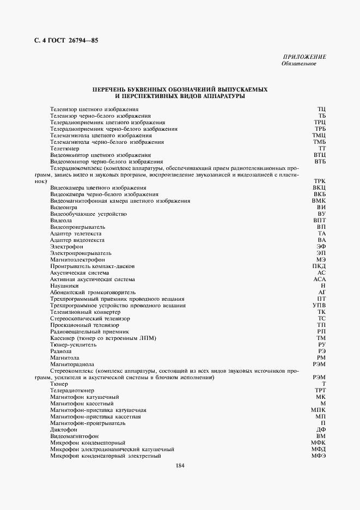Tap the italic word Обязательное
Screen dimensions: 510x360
point(298,64)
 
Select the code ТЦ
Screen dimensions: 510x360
point(321,110)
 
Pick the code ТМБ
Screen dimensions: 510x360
point(319,142)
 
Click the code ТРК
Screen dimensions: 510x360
point(319,181)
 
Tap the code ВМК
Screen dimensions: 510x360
point(319,201)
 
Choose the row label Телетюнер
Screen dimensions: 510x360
point(65,148)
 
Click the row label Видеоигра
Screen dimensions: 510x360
point(63,207)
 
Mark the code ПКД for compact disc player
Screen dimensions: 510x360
point(319,266)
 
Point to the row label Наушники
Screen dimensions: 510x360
point(64,286)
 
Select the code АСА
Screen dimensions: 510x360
point(319,279)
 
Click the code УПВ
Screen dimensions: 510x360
point(319,305)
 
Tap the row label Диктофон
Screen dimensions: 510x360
point(63,429)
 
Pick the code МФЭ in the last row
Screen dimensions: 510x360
point(319,456)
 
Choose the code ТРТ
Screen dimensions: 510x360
point(320,390)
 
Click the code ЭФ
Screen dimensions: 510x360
point(321,246)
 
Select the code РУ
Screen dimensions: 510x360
point(321,344)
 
